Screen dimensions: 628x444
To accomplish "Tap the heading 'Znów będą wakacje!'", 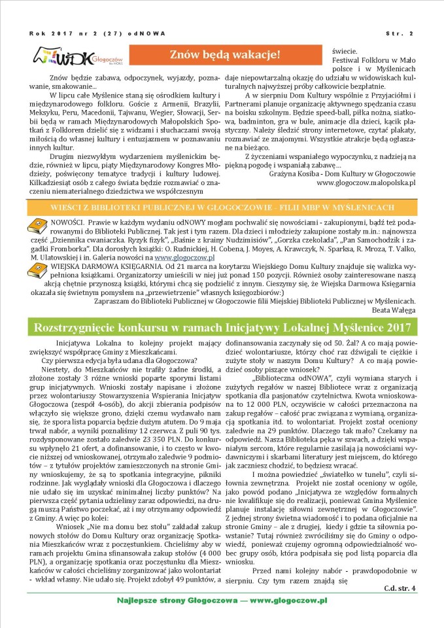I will [224, 55].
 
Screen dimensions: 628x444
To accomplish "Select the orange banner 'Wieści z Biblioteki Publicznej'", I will [222, 207].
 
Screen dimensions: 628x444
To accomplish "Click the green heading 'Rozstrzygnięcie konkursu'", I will [222, 327].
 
